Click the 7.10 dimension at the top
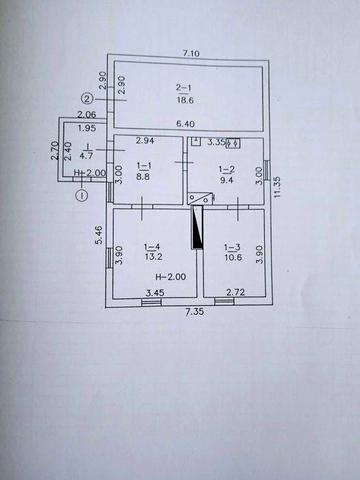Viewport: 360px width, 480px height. [191, 53]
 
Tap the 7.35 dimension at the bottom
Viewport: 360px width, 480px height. [195, 312]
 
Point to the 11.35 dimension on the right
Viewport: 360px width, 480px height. [277, 187]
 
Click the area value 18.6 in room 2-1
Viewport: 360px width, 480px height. [185, 100]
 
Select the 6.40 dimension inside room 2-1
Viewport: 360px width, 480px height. [185, 124]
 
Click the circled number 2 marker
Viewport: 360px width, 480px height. [87, 99]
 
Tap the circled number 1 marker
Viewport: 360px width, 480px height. [82, 195]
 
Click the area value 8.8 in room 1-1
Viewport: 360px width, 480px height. [143, 176]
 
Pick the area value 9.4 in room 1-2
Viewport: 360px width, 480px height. [226, 180]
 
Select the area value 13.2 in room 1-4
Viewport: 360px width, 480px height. [153, 257]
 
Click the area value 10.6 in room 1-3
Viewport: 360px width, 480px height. [233, 257]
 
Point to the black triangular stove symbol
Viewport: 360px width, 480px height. [197, 227]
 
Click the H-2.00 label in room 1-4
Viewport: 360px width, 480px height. [171, 276]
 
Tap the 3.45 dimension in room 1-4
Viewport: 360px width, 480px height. [155, 293]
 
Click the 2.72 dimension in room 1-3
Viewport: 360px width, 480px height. [235, 292]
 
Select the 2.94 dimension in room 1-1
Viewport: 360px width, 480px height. [145, 140]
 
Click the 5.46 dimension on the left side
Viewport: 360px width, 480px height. [99, 235]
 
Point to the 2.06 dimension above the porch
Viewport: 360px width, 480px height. [87, 115]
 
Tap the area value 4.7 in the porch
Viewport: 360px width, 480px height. [86, 155]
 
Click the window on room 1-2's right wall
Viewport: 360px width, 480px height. [267, 170]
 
